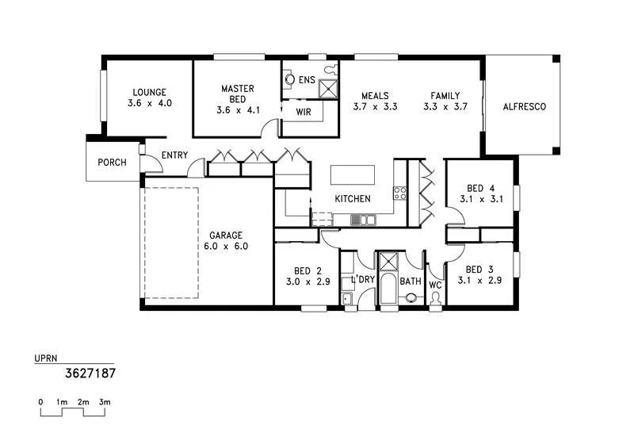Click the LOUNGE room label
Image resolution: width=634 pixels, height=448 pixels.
pos(150,92)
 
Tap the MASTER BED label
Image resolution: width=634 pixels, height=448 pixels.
pos(238,89)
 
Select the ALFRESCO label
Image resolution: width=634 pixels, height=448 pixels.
pos(524,106)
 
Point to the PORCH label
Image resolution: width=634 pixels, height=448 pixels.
pos(112,163)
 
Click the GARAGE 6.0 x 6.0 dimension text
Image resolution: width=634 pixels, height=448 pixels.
pos(226,247)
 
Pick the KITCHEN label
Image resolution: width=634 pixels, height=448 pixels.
pos(353,198)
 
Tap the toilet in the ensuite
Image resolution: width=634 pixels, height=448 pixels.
pos(289,79)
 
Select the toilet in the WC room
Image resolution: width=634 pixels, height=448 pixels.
pos(435,298)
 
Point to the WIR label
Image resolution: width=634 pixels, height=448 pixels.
pos(304,112)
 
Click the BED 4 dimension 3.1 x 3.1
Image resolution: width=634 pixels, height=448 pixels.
pos(480,199)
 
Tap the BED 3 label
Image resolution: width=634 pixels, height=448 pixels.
pos(479,270)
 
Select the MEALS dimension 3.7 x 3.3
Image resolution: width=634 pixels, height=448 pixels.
pos(374,106)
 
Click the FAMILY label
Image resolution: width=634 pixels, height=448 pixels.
pos(445,96)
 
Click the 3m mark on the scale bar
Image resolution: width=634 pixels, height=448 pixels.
pos(104,402)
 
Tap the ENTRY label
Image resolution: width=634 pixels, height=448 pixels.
pos(174,155)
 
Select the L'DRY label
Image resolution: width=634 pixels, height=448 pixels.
pos(363,280)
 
